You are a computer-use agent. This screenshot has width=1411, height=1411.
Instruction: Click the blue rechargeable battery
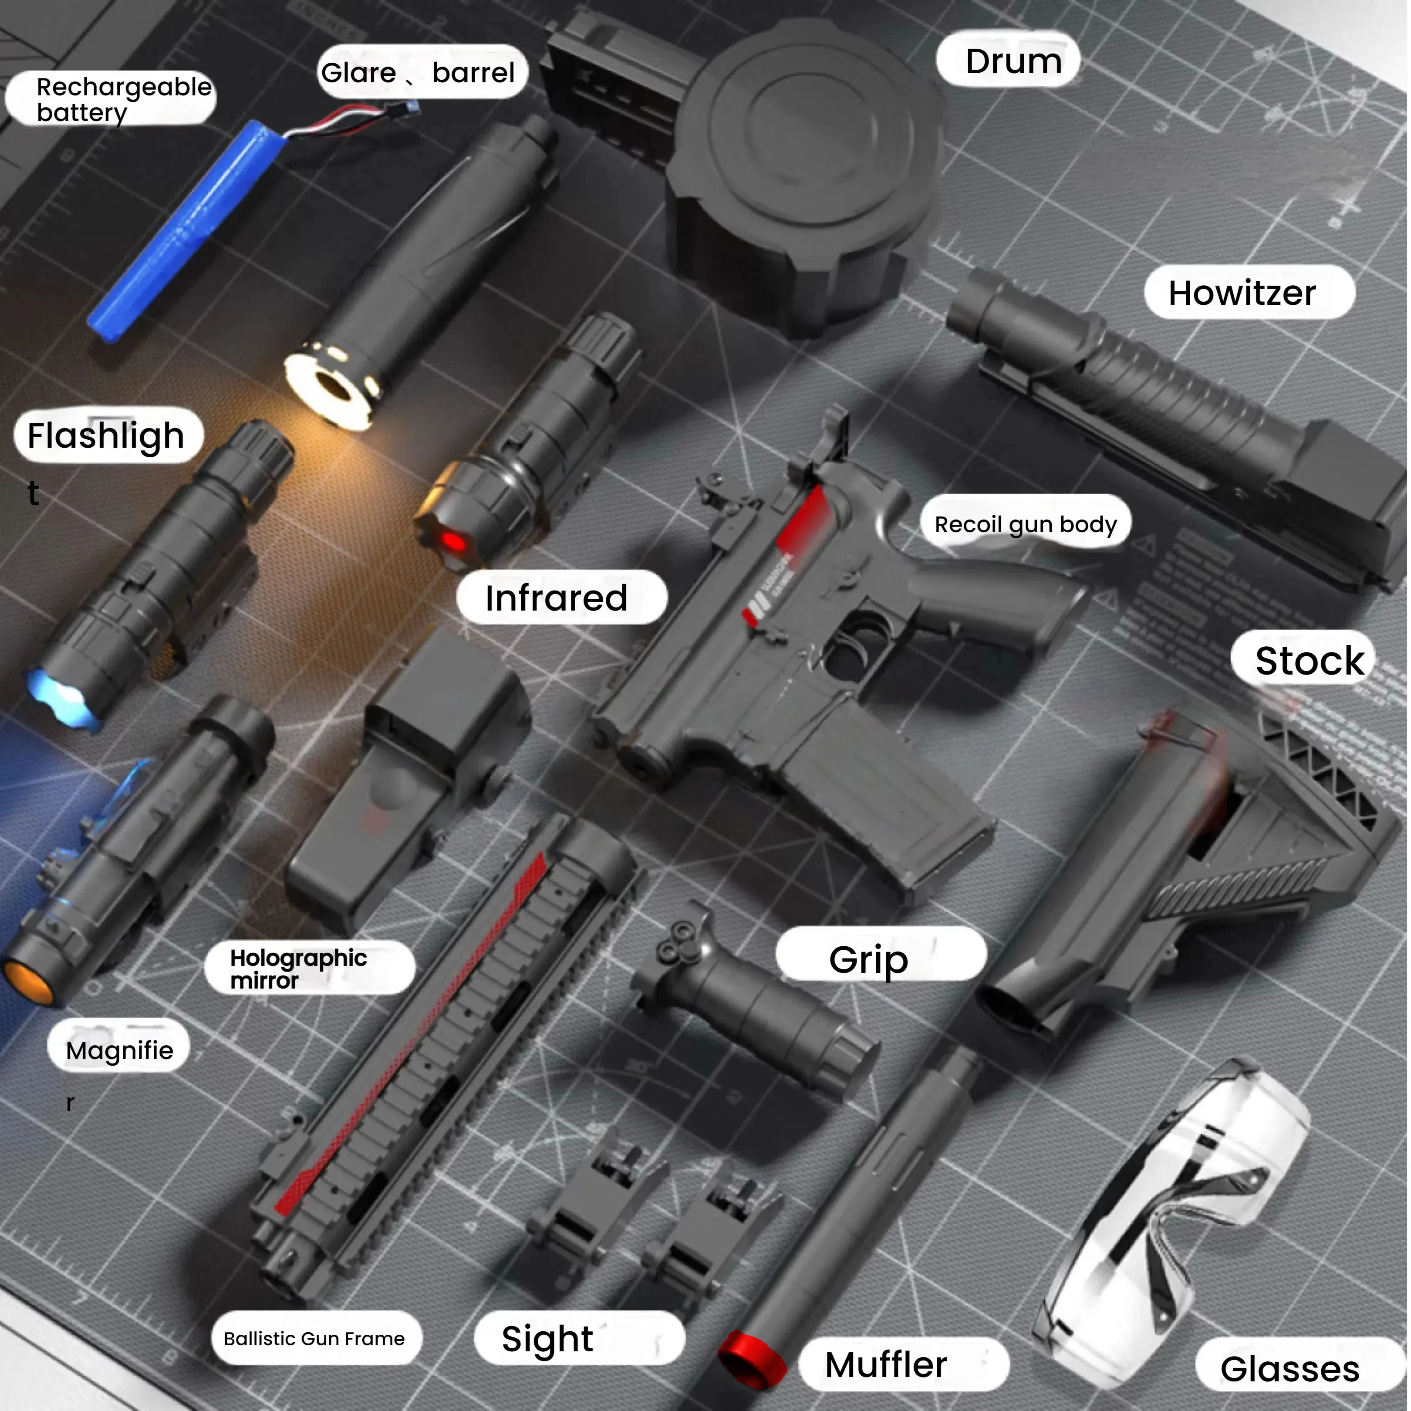[x=182, y=226]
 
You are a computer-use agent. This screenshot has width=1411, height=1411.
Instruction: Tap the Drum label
[x=1013, y=61]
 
